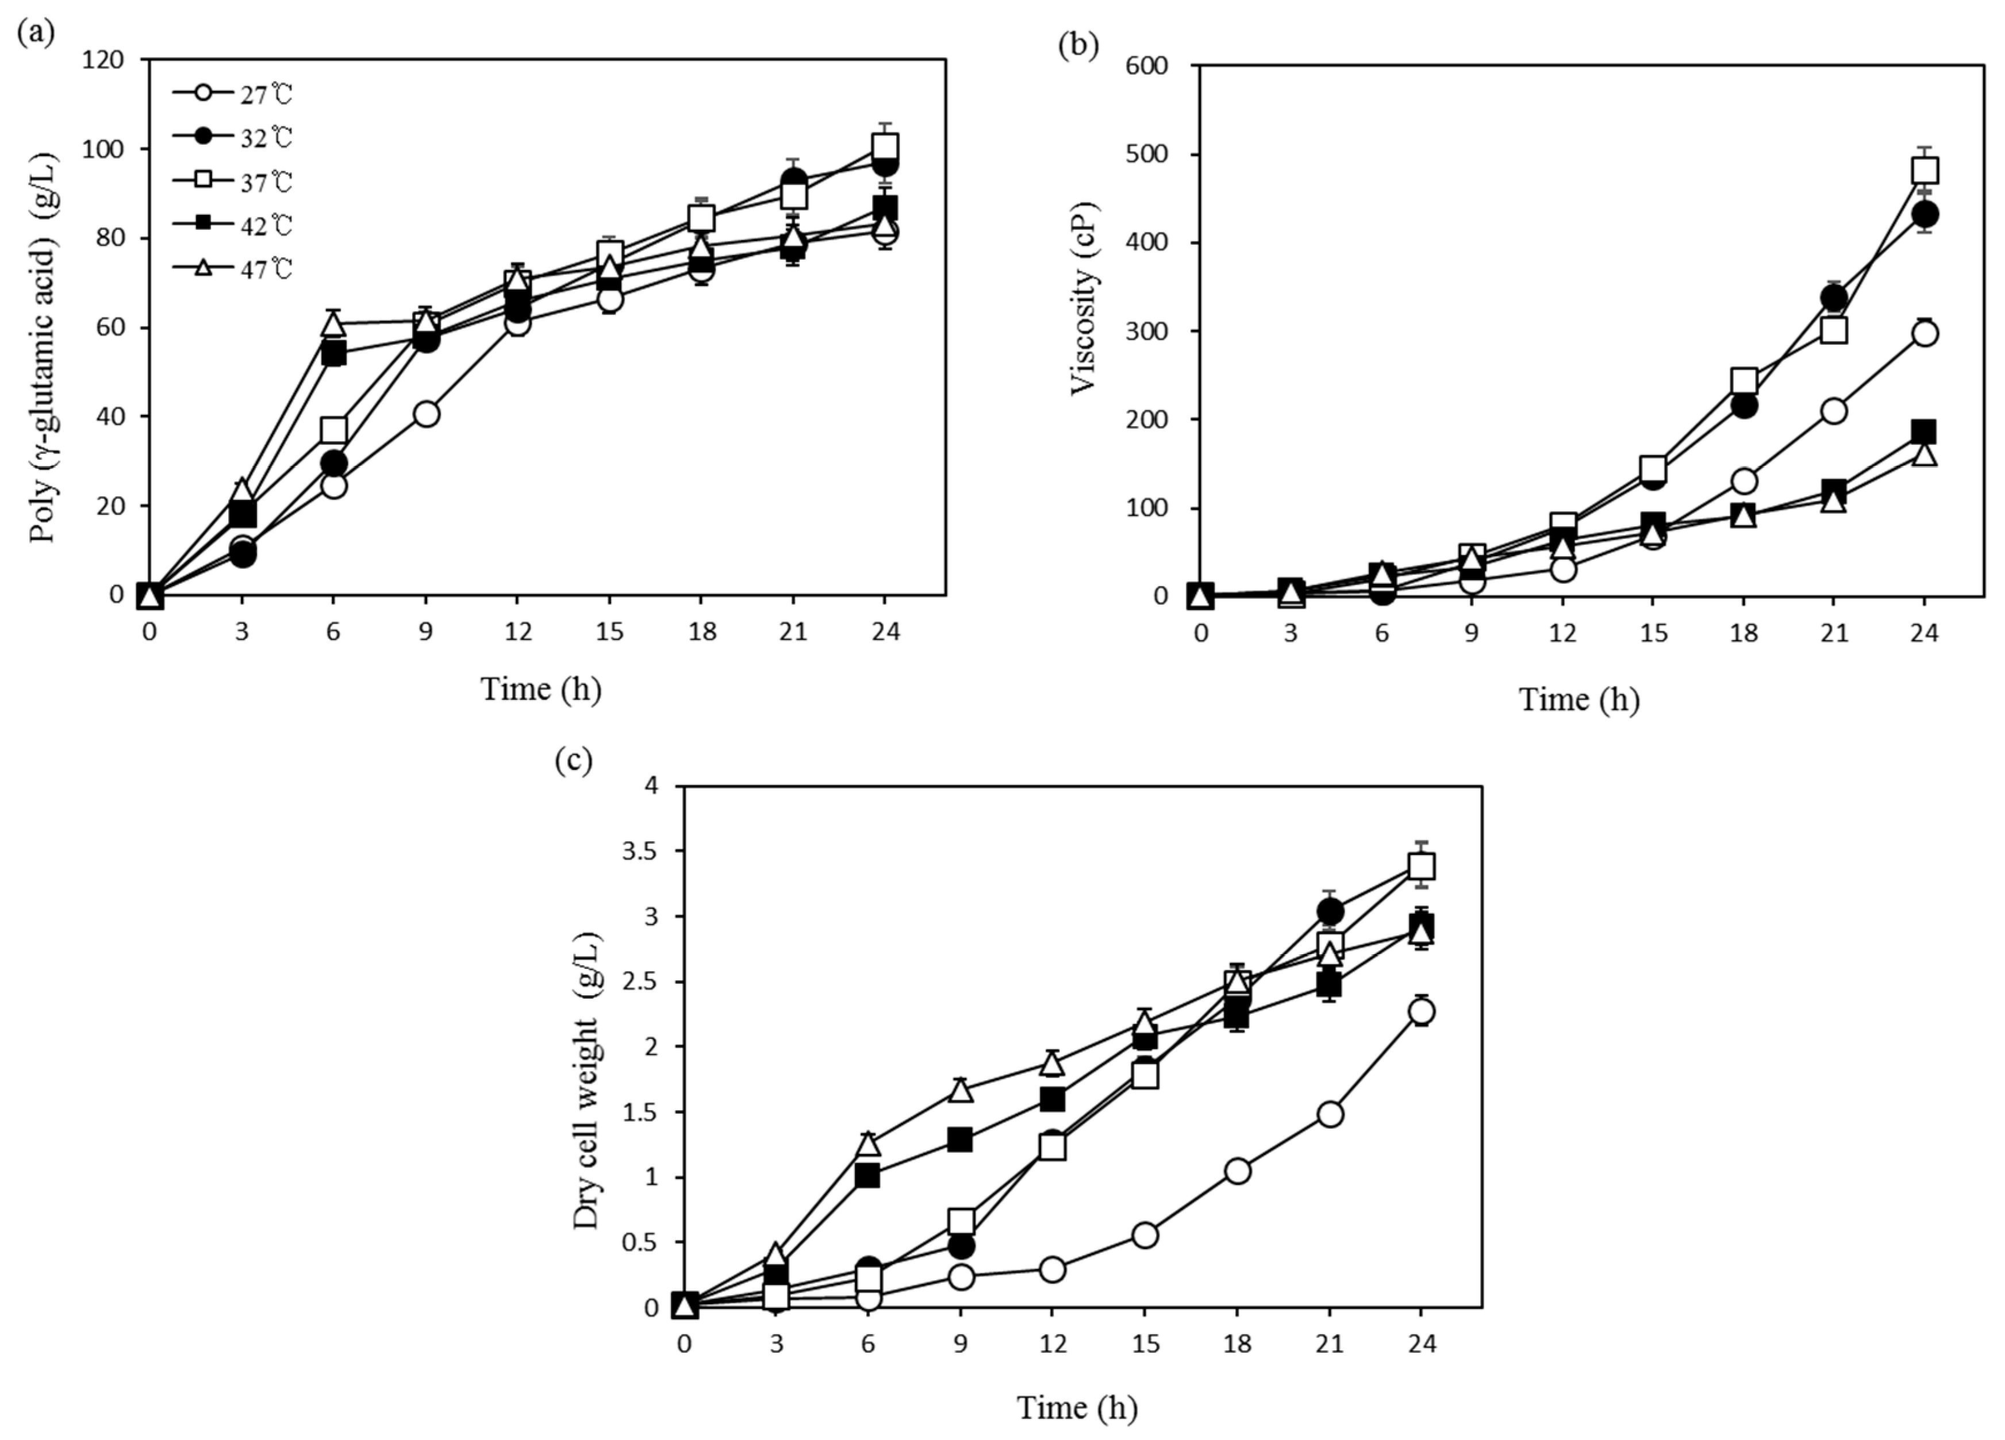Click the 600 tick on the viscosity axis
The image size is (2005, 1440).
click(x=1147, y=66)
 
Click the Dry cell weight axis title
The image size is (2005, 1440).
click(x=586, y=1080)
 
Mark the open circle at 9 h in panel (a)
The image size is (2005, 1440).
click(x=425, y=414)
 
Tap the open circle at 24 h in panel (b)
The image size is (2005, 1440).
click(x=1925, y=333)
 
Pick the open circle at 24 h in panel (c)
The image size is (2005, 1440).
click(x=1420, y=1011)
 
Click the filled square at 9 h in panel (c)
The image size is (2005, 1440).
click(x=960, y=1140)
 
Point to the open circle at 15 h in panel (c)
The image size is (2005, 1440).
click(x=1144, y=1235)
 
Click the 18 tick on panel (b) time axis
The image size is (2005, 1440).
click(x=1742, y=633)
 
